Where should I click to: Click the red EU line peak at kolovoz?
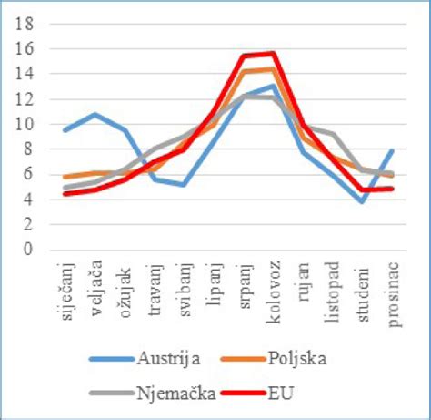point(272,53)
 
